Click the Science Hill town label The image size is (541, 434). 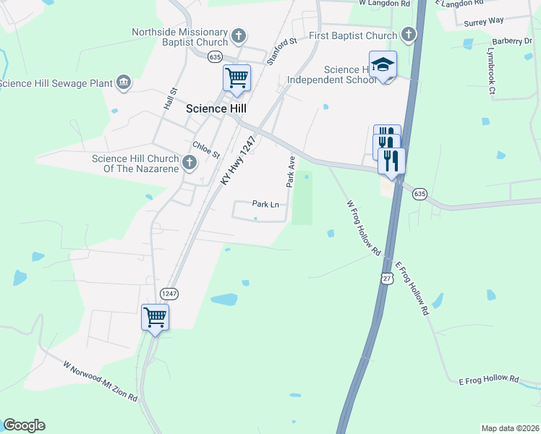click(216, 109)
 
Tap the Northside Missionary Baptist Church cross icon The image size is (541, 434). click(239, 35)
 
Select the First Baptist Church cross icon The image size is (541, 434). click(409, 34)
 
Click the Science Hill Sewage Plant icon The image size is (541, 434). click(123, 82)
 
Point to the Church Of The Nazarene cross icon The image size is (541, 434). click(189, 161)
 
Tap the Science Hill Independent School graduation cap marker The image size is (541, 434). click(383, 65)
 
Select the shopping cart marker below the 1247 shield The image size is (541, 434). click(155, 318)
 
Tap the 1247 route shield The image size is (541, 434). click(169, 293)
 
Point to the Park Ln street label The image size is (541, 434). click(265, 205)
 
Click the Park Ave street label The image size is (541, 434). click(291, 171)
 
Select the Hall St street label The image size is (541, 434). click(171, 98)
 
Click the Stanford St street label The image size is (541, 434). click(283, 52)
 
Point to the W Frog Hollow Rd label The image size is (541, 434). click(363, 228)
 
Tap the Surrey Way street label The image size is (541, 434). click(484, 20)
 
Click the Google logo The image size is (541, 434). click(24, 425)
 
